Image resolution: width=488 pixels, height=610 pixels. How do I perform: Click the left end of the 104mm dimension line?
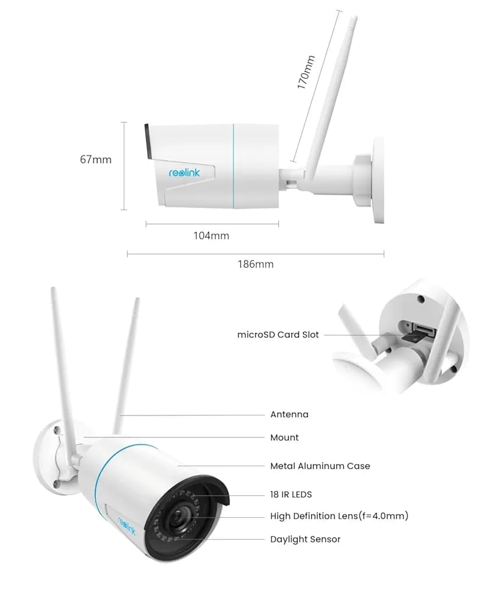146,224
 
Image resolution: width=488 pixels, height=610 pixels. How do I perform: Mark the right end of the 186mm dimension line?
384,254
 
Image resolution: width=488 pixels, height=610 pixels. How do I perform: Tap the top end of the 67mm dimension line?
124,123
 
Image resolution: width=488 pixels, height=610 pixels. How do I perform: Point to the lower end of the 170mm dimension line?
293,161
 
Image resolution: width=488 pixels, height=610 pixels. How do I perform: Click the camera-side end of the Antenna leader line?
121,415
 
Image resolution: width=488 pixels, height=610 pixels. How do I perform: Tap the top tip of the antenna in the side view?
354,17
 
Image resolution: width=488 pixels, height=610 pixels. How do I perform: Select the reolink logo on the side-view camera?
184,173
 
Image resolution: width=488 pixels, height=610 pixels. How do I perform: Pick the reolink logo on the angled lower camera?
127,525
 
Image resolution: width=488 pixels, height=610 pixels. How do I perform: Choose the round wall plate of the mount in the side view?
378,180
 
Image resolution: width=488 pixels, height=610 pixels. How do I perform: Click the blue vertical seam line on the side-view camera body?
234,166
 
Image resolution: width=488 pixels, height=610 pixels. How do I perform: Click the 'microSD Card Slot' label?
278,334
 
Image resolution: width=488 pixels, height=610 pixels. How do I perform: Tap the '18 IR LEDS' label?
291,495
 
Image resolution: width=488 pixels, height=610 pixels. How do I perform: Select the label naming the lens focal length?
339,516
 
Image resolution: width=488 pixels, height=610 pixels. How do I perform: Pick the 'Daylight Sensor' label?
306,539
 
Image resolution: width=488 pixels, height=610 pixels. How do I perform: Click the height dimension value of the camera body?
96,159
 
